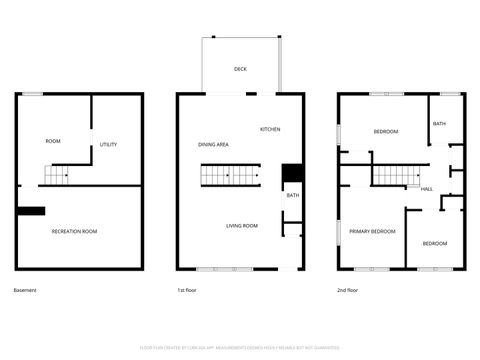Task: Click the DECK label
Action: (x=240, y=69)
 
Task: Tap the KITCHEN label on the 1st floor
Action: (x=270, y=130)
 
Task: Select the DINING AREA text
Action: (x=213, y=145)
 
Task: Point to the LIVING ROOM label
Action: (x=241, y=226)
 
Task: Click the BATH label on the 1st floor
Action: (x=292, y=196)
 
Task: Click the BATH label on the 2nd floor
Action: (x=439, y=124)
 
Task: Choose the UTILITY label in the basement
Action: (x=108, y=145)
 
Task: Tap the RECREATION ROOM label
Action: (x=75, y=231)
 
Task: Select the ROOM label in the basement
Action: (x=53, y=141)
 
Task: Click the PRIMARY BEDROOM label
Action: (x=372, y=231)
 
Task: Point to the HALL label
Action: (x=427, y=189)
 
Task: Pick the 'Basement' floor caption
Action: (x=25, y=290)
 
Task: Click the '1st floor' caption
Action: (x=187, y=290)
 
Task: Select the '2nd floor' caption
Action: (x=349, y=290)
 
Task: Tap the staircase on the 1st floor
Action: (x=229, y=177)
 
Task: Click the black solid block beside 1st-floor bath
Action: (x=291, y=172)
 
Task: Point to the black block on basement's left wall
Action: (x=31, y=211)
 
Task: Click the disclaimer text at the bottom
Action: (x=240, y=348)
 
